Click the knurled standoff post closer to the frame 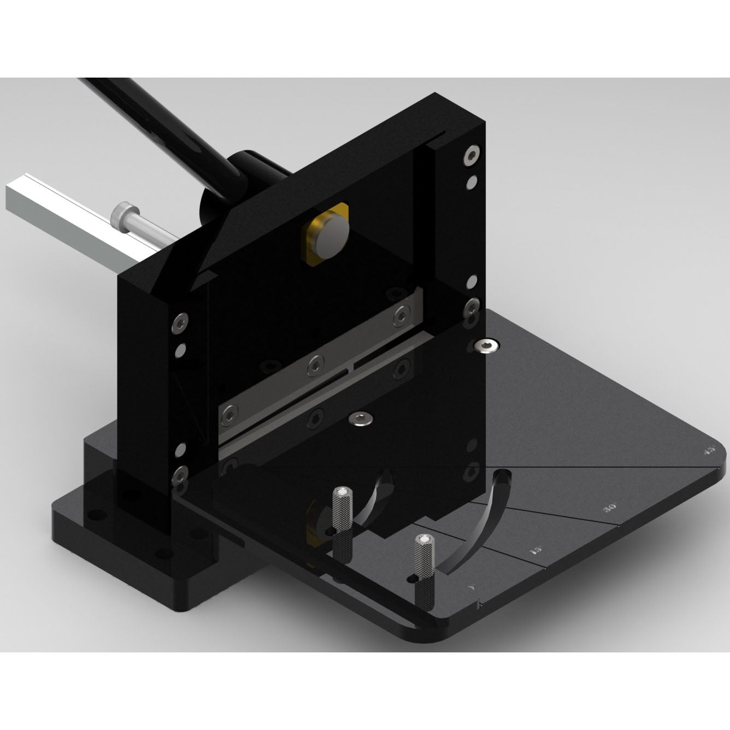(x=342, y=519)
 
